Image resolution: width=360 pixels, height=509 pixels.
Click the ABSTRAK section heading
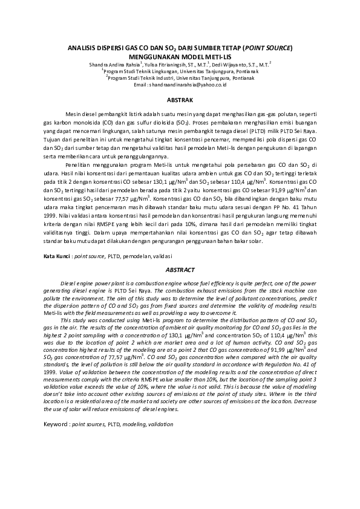(x=180, y=98)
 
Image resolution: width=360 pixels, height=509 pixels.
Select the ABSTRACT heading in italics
(x=180, y=270)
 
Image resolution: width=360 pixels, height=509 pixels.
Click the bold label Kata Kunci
(x=56, y=257)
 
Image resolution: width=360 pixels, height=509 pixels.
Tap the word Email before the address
(x=140, y=85)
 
